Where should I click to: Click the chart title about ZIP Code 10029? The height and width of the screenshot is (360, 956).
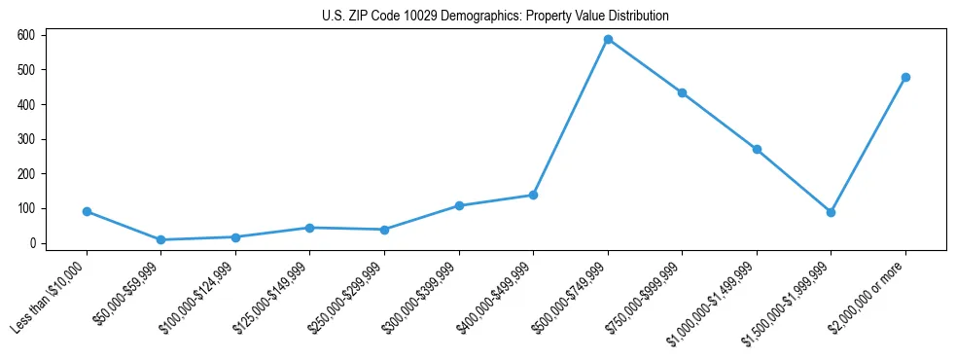tap(495, 17)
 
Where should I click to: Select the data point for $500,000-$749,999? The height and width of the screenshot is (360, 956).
tap(608, 40)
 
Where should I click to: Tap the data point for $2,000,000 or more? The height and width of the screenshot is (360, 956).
tap(905, 77)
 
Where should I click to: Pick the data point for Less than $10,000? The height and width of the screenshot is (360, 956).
tap(87, 211)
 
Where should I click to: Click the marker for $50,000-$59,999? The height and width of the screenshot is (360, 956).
tap(160, 239)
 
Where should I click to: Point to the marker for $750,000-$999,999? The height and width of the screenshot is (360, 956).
tap(682, 93)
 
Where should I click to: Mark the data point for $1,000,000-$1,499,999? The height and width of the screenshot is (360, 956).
tap(757, 150)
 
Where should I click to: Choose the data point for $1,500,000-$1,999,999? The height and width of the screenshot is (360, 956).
tap(831, 212)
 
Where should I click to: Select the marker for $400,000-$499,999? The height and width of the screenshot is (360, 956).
tap(533, 195)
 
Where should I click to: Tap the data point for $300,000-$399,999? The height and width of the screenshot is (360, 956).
tap(459, 205)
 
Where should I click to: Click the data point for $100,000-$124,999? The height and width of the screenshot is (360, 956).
tap(235, 236)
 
